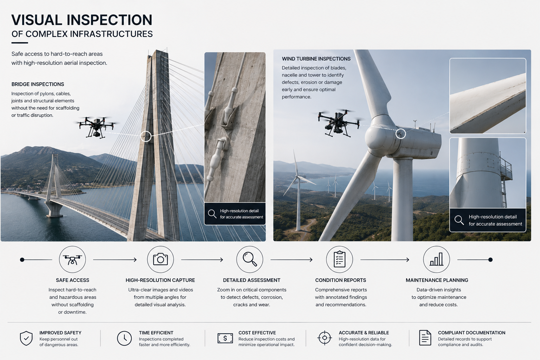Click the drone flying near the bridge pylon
pyautogui.click(x=96, y=127)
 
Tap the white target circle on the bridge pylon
pyautogui.click(x=146, y=136)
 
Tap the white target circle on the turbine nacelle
pyautogui.click(x=400, y=134)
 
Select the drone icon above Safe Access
pyautogui.click(x=72, y=260)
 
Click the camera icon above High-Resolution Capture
pyautogui.click(x=160, y=259)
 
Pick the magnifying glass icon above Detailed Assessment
pyautogui.click(x=250, y=259)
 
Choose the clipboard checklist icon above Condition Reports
pyautogui.click(x=339, y=259)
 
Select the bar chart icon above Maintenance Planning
pyautogui.click(x=436, y=259)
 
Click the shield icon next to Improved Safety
pyautogui.click(x=26, y=338)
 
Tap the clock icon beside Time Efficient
pyautogui.click(x=124, y=338)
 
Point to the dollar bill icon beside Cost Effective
pyautogui.click(x=225, y=338)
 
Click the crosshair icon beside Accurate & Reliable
pyautogui.click(x=324, y=338)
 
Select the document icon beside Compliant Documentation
pyautogui.click(x=425, y=338)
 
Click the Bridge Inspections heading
pyautogui.click(x=38, y=84)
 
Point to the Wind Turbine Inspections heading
pyautogui.click(x=316, y=59)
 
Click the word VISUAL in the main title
pyautogui.click(x=37, y=20)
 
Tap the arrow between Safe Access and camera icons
pyautogui.click(x=115, y=260)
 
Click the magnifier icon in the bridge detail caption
pyautogui.click(x=212, y=214)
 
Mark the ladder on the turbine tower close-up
pyautogui.click(x=503, y=191)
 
